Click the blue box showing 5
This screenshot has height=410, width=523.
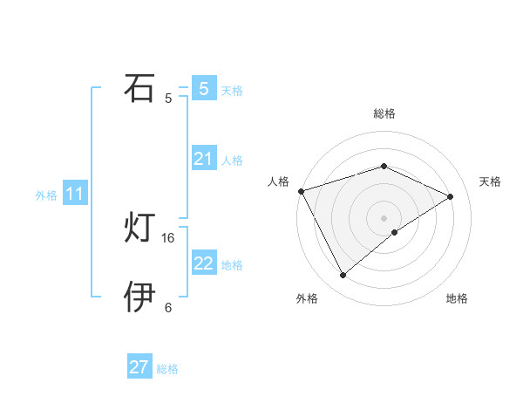[x=203, y=88]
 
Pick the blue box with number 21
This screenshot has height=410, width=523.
[x=203, y=159]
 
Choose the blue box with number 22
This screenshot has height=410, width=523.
[x=203, y=263]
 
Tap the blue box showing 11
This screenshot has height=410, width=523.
[x=74, y=194]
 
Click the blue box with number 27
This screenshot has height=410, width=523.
[x=139, y=367]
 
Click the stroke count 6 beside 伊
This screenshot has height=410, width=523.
[x=168, y=308]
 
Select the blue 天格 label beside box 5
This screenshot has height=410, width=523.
[x=232, y=90]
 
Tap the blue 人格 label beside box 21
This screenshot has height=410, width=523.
[x=232, y=161]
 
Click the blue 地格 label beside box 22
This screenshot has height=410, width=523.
[x=232, y=265]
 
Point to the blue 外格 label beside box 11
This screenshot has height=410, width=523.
[x=46, y=195]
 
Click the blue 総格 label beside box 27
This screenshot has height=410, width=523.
[x=167, y=369]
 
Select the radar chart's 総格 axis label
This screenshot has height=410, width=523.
[x=384, y=113]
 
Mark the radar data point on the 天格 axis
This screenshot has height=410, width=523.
[x=451, y=196]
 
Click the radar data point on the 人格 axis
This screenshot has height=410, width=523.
[x=301, y=190]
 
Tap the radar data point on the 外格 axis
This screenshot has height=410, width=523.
[x=343, y=276]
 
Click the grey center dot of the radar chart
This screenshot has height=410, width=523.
[x=384, y=217]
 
